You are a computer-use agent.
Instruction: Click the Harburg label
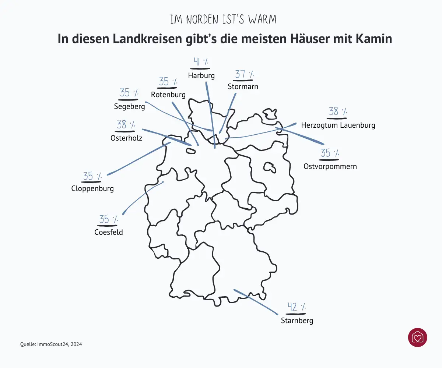pyautogui.click(x=201, y=76)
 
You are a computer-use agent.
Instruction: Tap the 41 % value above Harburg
pyautogui.click(x=201, y=62)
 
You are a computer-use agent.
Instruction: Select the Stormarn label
pyautogui.click(x=243, y=87)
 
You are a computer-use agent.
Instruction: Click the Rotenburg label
pyautogui.click(x=168, y=95)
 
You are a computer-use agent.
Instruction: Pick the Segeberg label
pyautogui.click(x=130, y=106)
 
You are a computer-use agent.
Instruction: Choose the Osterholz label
pyautogui.click(x=126, y=138)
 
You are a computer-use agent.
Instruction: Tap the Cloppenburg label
pyautogui.click(x=92, y=189)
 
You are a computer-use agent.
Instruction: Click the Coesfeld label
pyautogui.click(x=109, y=232)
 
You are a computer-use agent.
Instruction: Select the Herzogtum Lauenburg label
pyautogui.click(x=338, y=125)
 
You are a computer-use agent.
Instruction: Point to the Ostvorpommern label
pyautogui.click(x=330, y=166)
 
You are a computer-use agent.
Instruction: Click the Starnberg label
pyautogui.click(x=297, y=321)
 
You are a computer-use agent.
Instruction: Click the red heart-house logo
pyautogui.click(x=418, y=337)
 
